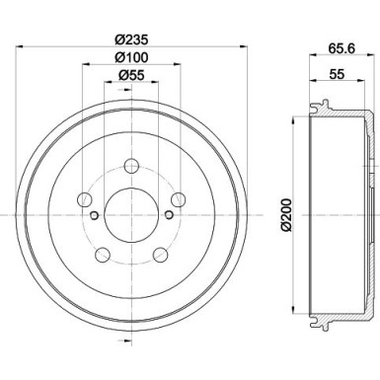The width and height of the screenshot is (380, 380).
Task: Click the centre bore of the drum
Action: click(x=131, y=210)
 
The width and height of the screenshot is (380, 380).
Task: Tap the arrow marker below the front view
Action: click(x=131, y=343)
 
